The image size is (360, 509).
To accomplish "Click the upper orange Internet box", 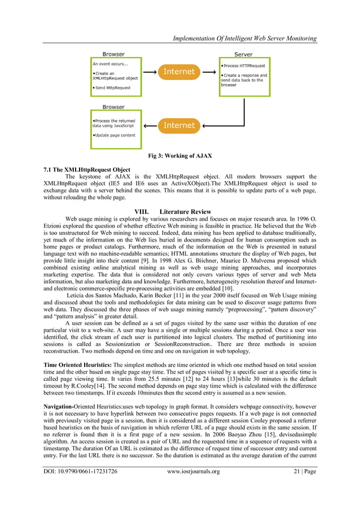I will click(179, 72).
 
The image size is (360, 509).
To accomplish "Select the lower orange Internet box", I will click(179, 125).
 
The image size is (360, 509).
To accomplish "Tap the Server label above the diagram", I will click(243, 54).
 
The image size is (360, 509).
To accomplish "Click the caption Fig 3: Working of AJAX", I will click(179, 156).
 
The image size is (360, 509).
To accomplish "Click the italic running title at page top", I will click(244, 38).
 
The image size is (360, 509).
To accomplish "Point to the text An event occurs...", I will click(111, 64).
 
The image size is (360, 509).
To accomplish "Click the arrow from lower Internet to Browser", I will click(150, 125).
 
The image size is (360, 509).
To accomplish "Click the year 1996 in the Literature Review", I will click(298, 217).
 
